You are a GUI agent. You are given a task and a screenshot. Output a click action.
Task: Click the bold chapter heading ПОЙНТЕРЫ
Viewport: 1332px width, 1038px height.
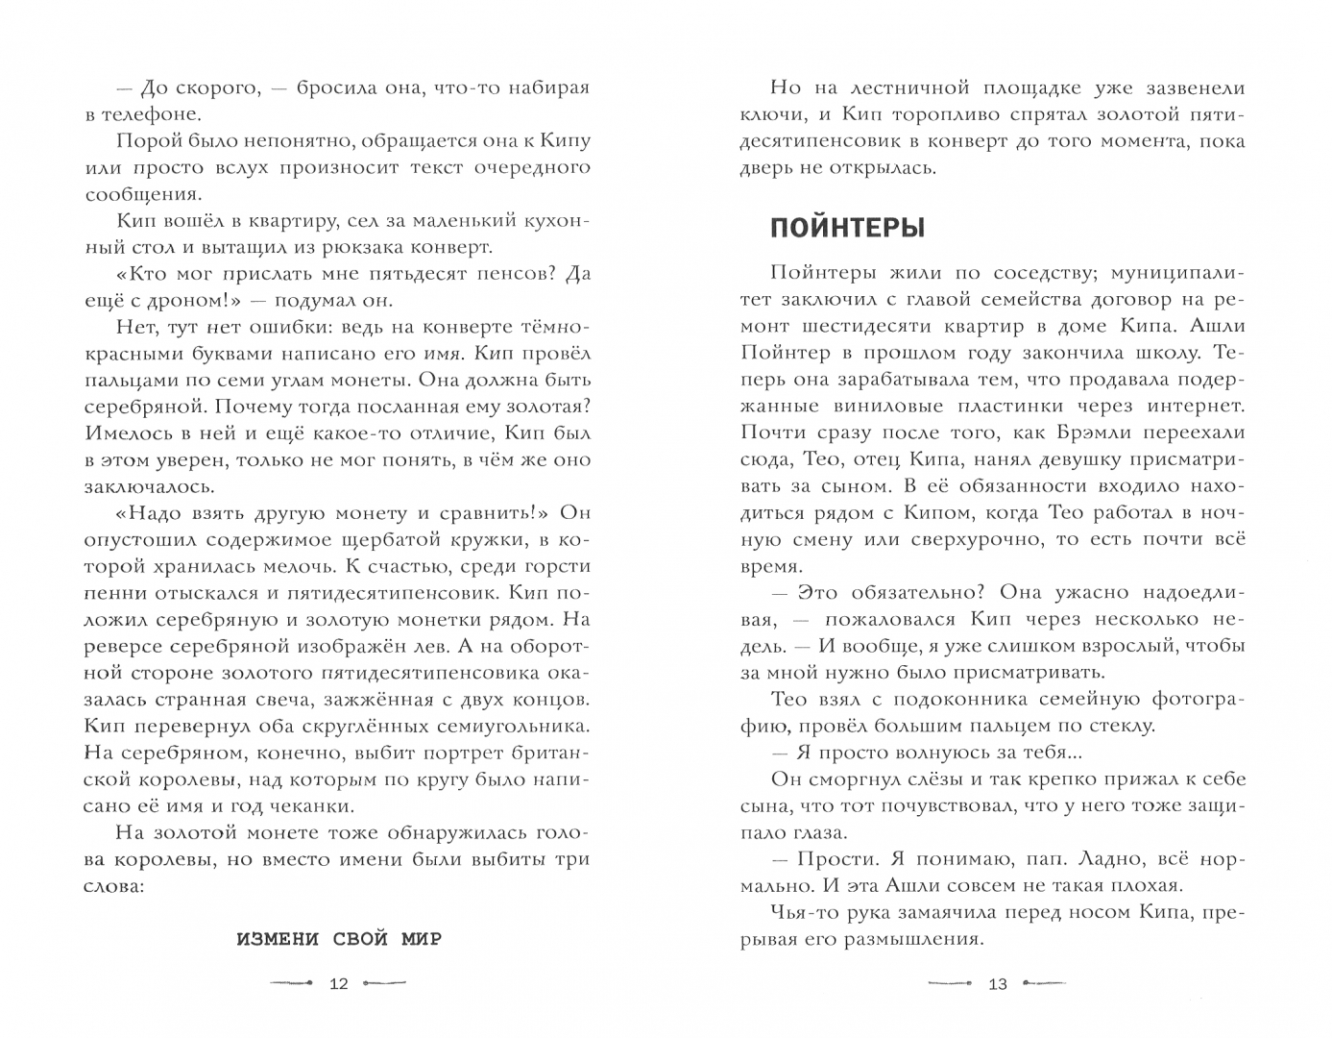pos(847,229)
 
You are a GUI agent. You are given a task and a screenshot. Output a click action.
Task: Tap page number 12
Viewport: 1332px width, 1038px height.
pos(339,983)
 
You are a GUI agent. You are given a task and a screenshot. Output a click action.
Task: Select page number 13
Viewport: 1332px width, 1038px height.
pos(998,983)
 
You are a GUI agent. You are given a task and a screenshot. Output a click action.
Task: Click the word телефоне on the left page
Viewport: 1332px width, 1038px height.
pos(144,114)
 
